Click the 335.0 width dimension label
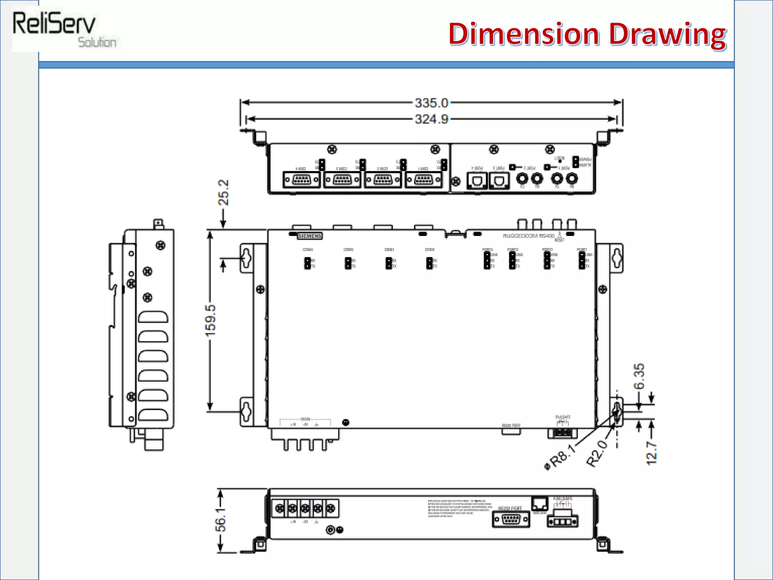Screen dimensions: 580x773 pyautogui.click(x=431, y=103)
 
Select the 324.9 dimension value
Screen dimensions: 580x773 pyautogui.click(x=431, y=119)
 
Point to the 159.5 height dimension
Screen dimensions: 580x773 pyautogui.click(x=211, y=321)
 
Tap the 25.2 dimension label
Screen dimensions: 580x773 pyautogui.click(x=223, y=192)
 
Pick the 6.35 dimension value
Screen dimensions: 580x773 pyautogui.click(x=639, y=376)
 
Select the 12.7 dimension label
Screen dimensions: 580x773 pyautogui.click(x=651, y=453)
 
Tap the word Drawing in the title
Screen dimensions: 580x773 pyautogui.click(x=667, y=35)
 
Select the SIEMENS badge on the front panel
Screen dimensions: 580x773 pyautogui.click(x=310, y=236)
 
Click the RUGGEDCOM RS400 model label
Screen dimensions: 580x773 pyautogui.click(x=528, y=236)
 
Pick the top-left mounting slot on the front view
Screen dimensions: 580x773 pyautogui.click(x=246, y=258)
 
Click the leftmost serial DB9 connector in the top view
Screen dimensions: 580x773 pyautogui.click(x=302, y=180)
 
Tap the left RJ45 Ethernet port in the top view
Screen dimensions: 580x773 pyautogui.click(x=477, y=180)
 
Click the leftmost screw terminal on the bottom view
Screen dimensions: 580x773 pyautogui.click(x=279, y=509)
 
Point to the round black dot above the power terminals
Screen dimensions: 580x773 pyautogui.click(x=345, y=423)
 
